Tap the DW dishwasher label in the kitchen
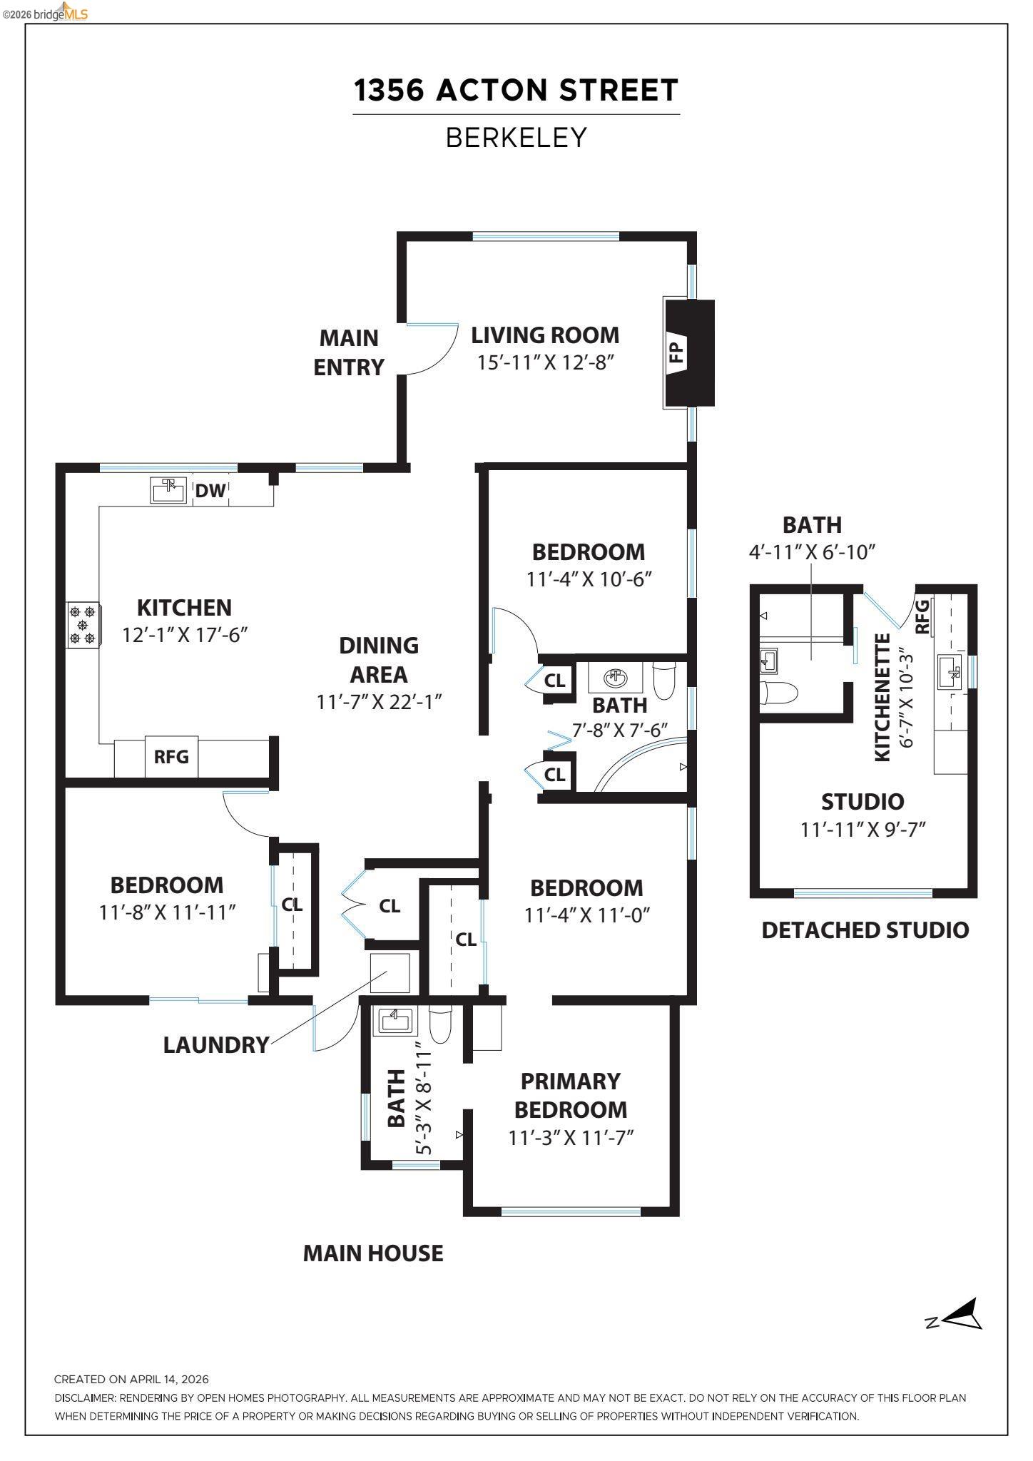click(x=210, y=491)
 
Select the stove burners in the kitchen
click(x=83, y=625)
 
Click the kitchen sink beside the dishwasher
click(x=168, y=490)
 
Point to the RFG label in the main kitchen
click(x=171, y=756)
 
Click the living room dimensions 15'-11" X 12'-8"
click(x=546, y=362)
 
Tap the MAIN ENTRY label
click(x=349, y=352)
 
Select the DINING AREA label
click(x=379, y=659)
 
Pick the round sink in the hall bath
click(x=615, y=676)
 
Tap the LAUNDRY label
click(x=216, y=1045)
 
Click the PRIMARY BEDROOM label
click(x=571, y=1095)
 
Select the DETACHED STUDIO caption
click(x=865, y=930)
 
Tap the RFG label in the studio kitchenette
click(x=922, y=617)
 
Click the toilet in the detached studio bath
click(x=778, y=692)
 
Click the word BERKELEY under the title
click(x=516, y=138)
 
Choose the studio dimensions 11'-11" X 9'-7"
click(x=862, y=830)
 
